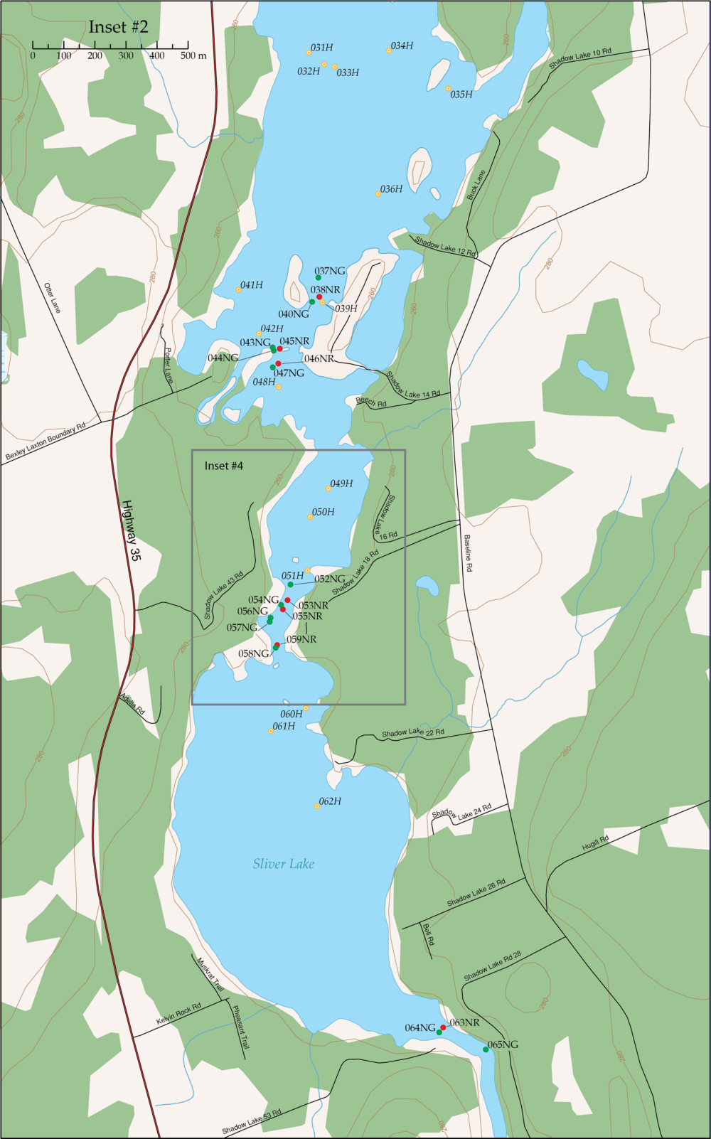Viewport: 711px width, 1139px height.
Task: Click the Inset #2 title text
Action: (x=118, y=27)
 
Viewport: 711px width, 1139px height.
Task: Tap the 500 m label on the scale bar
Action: (x=193, y=55)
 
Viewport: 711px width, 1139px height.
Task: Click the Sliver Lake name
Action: (x=283, y=864)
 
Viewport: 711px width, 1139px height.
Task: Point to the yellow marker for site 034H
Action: (x=389, y=50)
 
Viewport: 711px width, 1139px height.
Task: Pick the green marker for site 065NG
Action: (x=486, y=1049)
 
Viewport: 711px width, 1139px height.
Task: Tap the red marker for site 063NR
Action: (x=443, y=1027)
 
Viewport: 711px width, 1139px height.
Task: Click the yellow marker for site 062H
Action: (x=316, y=806)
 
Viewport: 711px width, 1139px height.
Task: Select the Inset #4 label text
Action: (x=223, y=466)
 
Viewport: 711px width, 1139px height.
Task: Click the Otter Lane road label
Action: (x=53, y=298)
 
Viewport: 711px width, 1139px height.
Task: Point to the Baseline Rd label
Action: (x=467, y=553)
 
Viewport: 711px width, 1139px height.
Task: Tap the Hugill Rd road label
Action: (x=595, y=843)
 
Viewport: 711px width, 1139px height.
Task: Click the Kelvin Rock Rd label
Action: (x=178, y=1014)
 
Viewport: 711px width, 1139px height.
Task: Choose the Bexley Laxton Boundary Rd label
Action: (x=46, y=441)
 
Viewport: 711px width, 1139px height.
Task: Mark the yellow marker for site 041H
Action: (x=238, y=289)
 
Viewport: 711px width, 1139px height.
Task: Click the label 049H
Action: (x=341, y=483)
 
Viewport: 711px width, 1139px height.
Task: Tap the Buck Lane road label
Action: (x=476, y=184)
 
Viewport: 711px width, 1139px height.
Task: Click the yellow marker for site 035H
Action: (x=448, y=89)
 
